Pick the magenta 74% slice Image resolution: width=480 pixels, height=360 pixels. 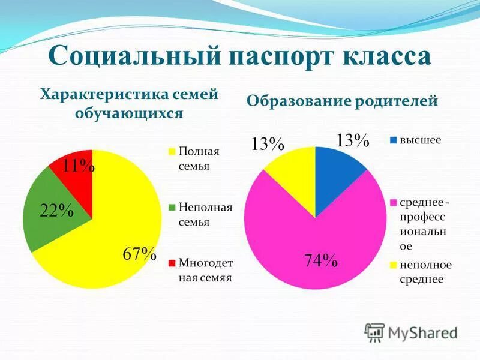312,246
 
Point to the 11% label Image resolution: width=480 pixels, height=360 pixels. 78,166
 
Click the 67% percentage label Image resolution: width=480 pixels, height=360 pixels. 139,254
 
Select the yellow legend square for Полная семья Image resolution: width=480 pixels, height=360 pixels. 172,151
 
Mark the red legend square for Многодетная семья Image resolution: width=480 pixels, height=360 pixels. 172,262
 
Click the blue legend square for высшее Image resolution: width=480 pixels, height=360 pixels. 394,140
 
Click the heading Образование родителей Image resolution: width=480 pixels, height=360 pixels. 343,101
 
